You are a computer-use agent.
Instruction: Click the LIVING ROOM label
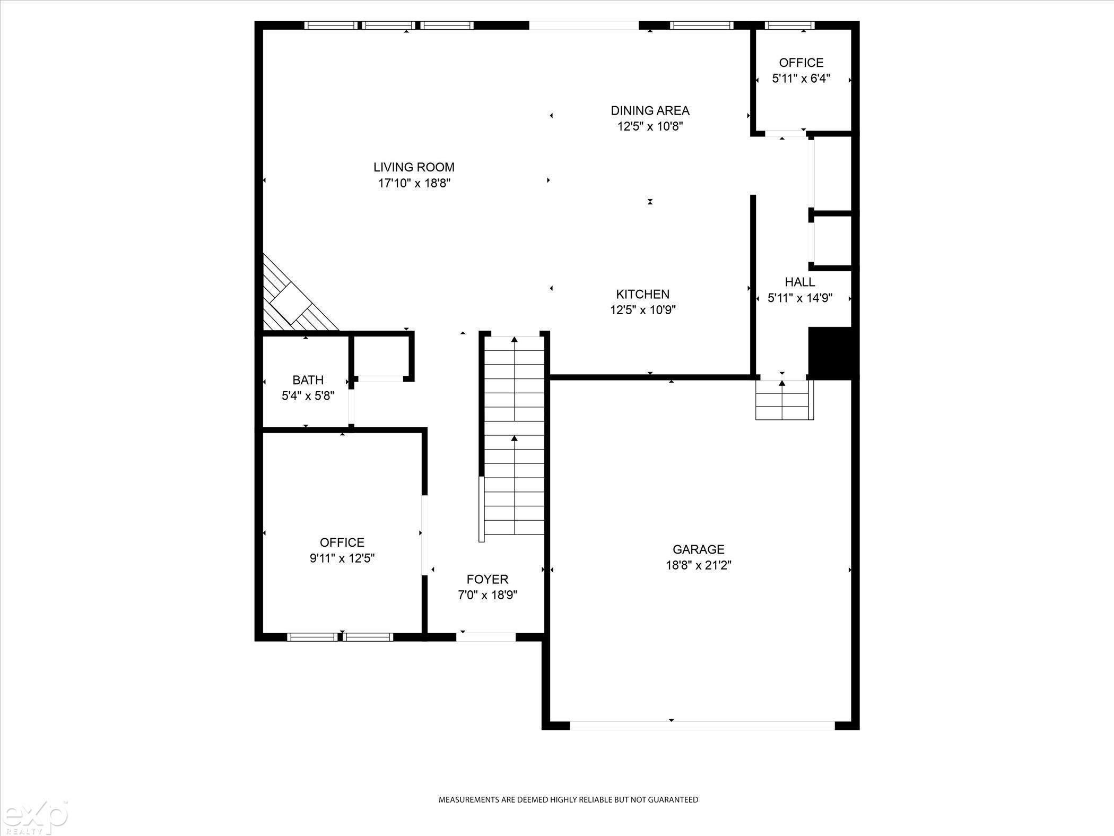[x=414, y=167]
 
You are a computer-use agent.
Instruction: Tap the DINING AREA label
[x=650, y=110]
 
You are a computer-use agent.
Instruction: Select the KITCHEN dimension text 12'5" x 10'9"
[x=643, y=310]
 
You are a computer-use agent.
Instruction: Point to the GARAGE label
[x=698, y=549]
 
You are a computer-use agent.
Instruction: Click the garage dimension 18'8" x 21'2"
[x=699, y=565]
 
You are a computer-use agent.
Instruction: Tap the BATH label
[x=308, y=380]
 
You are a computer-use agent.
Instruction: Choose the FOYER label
[x=488, y=579]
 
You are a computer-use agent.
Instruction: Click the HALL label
[x=800, y=282]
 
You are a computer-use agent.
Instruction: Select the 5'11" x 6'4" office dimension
[x=801, y=79]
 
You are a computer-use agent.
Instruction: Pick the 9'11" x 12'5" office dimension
[x=342, y=558]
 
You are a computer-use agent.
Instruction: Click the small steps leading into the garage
[x=785, y=400]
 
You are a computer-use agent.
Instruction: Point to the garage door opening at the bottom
[x=702, y=726]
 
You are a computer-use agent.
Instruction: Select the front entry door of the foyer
[x=486, y=637]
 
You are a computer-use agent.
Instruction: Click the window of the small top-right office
[x=789, y=25]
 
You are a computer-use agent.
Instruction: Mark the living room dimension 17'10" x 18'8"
[x=414, y=184]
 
